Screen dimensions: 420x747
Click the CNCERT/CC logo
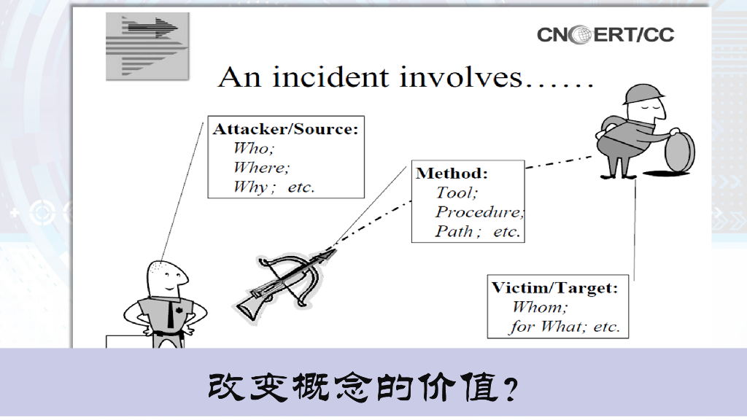point(605,34)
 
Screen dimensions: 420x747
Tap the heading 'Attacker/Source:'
point(285,130)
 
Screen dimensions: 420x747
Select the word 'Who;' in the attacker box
point(251,149)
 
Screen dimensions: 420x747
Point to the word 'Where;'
point(261,168)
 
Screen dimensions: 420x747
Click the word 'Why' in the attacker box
point(249,187)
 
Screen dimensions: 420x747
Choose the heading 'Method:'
point(451,174)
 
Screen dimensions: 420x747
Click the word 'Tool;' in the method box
point(456,193)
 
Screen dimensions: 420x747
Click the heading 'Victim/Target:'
point(554,287)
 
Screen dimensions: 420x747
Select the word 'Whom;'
point(539,307)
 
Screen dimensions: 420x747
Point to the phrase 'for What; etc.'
point(564,327)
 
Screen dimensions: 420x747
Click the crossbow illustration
point(285,281)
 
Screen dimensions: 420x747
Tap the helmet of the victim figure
point(643,96)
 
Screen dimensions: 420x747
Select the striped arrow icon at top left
point(147,45)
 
